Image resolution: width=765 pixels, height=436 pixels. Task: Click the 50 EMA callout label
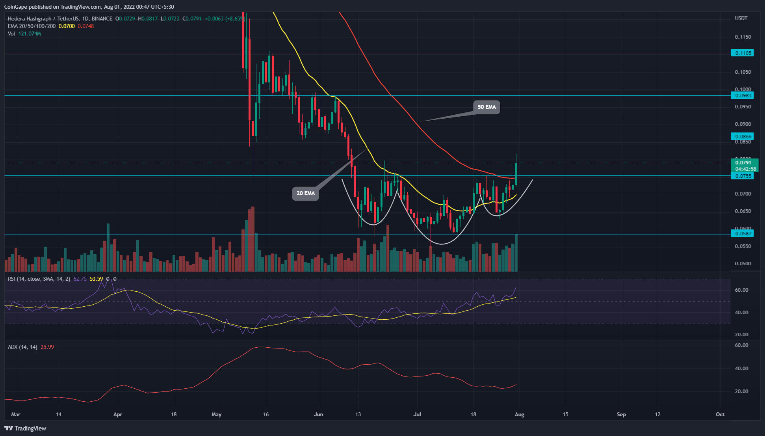tap(486, 107)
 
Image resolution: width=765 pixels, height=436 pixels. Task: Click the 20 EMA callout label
tap(305, 193)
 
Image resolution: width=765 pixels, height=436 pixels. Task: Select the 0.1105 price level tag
tap(742, 53)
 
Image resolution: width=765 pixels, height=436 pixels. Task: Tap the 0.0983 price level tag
tap(742, 95)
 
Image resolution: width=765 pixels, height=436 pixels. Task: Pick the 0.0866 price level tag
tap(742, 136)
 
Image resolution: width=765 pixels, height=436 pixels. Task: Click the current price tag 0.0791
tap(743, 162)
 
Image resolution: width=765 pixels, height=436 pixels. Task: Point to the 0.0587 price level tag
tap(742, 233)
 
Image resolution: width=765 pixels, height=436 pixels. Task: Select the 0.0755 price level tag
tap(742, 176)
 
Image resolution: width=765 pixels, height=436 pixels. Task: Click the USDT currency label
tap(741, 19)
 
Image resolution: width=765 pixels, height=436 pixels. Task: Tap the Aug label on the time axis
tap(519, 414)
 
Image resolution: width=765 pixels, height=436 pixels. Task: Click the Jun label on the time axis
tap(318, 414)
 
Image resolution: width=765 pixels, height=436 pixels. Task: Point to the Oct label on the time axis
tap(720, 414)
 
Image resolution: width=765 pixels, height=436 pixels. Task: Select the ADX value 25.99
tap(47, 347)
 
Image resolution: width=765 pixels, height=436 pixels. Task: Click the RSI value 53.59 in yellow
tap(96, 279)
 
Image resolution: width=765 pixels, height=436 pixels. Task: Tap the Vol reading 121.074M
tap(30, 34)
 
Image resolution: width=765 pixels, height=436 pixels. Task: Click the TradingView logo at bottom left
tap(25, 428)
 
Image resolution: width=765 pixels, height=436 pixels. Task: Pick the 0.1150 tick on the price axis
tap(743, 37)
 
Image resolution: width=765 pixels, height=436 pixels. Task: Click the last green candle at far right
tap(516, 173)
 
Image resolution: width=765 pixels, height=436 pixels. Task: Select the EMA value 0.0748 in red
tap(86, 26)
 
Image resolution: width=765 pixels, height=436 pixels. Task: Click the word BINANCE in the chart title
tap(102, 19)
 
